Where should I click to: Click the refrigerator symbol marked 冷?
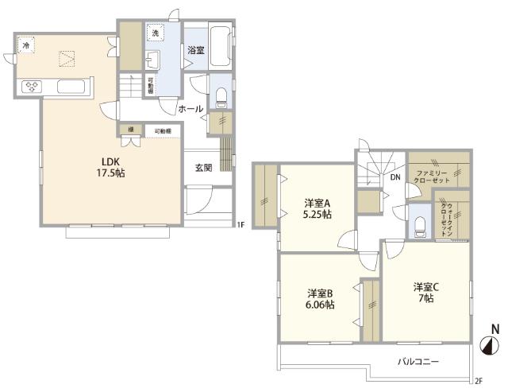coord(26,46)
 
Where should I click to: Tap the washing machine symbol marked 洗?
coord(155,34)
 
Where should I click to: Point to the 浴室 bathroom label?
coord(195,50)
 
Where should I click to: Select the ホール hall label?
coord(190,109)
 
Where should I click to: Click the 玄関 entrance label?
coord(203,167)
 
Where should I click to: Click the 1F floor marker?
coord(240,224)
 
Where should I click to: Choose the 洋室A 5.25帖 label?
coord(317,208)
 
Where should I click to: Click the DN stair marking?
coord(394,178)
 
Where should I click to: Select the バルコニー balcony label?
coord(418,360)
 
